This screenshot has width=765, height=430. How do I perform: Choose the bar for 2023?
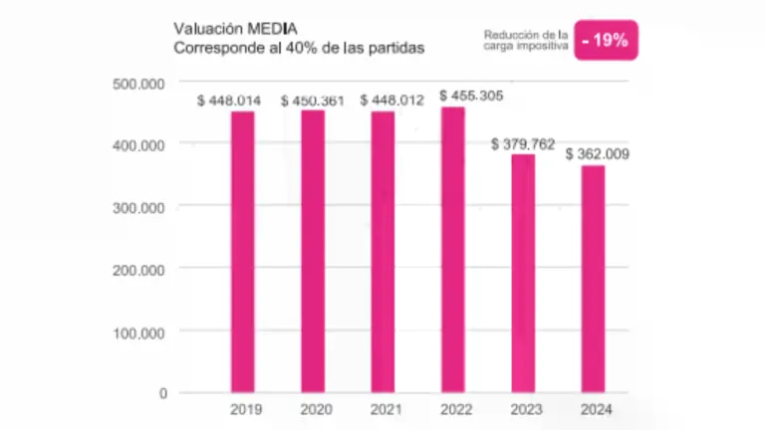523,273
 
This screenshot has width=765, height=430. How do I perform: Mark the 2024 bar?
593,278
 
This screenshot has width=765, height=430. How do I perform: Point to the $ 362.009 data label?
597,154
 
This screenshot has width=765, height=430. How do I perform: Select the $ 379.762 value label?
525,144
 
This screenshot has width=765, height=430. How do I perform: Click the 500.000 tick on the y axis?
139,84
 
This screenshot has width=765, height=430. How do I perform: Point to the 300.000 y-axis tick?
139,207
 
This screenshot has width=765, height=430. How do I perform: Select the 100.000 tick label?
139,330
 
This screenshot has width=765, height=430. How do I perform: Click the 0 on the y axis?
161,393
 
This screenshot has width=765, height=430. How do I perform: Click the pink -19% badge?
606,41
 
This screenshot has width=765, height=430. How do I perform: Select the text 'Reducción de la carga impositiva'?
527,41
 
